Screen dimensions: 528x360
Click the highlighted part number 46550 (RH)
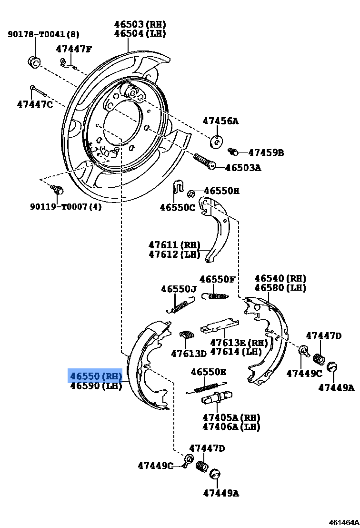click(x=96, y=376)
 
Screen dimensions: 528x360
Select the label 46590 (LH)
click(x=96, y=386)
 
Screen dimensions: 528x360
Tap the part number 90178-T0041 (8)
click(x=43, y=34)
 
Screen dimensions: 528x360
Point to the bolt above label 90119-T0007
click(x=58, y=190)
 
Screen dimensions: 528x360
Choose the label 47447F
click(x=74, y=49)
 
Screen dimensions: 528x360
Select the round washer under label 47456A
click(x=217, y=141)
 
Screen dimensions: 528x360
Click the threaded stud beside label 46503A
click(x=204, y=161)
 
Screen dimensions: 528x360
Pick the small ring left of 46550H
click(x=190, y=193)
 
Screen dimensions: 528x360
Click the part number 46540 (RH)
click(x=280, y=278)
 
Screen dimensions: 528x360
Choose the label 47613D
click(x=189, y=353)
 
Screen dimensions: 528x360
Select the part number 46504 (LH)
click(x=140, y=33)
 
